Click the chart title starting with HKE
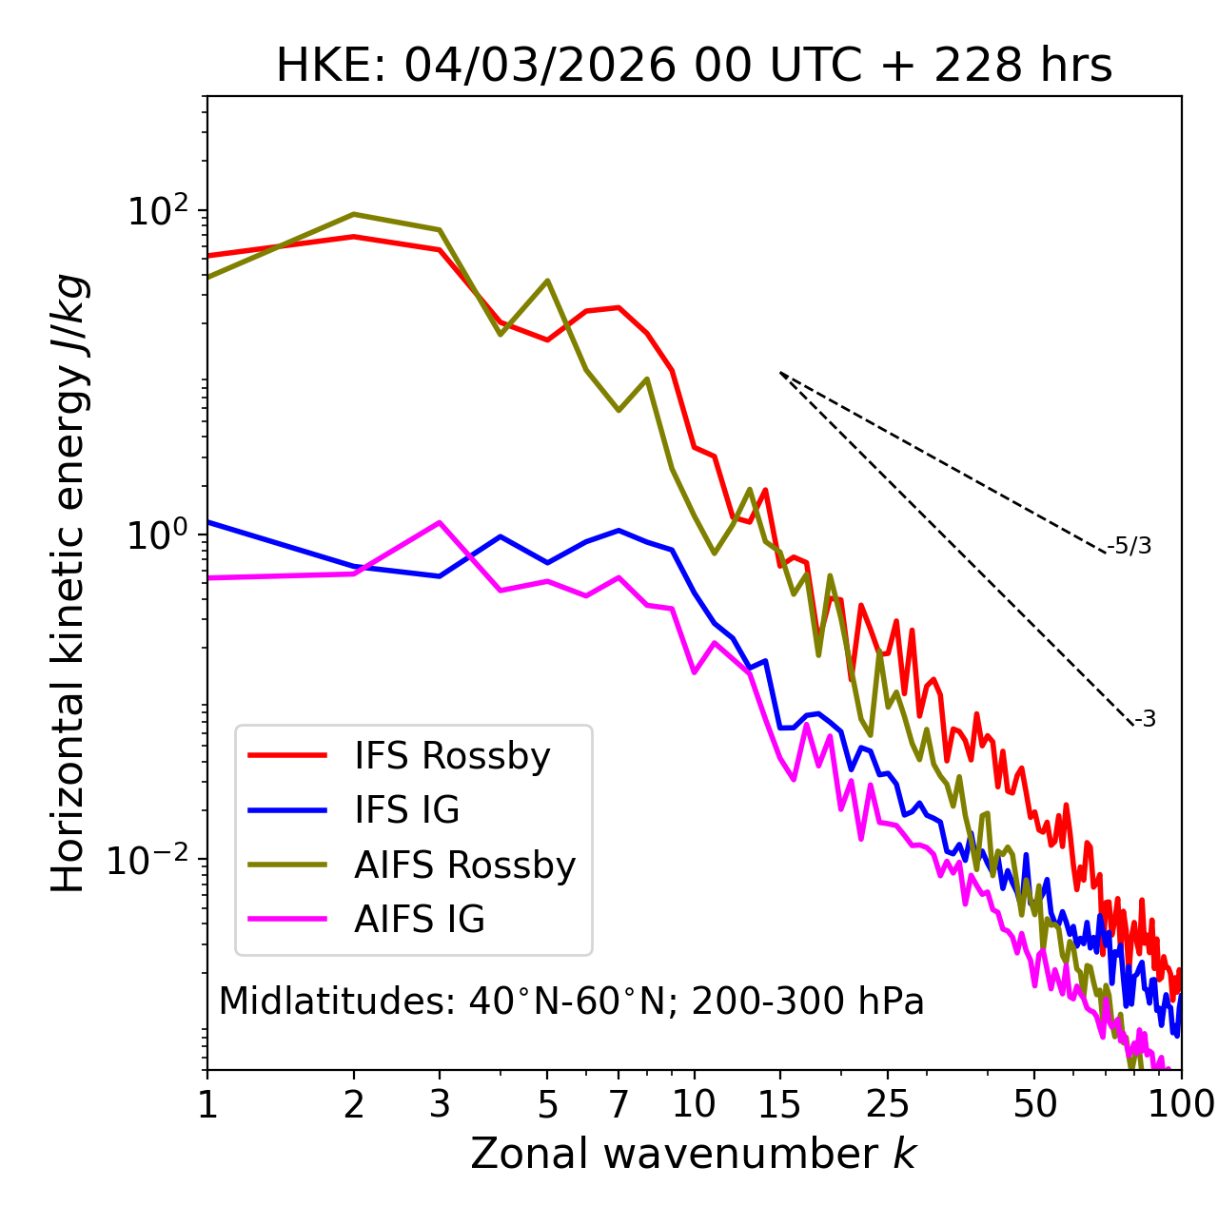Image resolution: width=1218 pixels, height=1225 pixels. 694,67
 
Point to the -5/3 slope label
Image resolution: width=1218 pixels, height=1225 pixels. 1130,546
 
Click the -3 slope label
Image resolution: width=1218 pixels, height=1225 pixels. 1145,719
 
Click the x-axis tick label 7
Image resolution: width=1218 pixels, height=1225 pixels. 619,1104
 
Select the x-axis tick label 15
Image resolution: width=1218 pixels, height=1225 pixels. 779,1104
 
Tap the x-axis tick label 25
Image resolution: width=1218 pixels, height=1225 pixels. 887,1104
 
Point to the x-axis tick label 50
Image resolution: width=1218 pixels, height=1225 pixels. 1034,1104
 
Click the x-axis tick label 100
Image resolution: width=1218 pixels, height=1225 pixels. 1180,1104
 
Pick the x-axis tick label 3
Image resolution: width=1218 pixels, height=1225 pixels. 439,1104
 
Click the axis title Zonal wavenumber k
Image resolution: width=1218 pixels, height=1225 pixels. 694,1155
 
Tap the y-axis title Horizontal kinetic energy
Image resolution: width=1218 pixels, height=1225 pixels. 69,583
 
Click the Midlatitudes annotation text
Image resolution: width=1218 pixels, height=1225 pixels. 571,1001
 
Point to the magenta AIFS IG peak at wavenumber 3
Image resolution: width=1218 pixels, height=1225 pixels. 439,522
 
